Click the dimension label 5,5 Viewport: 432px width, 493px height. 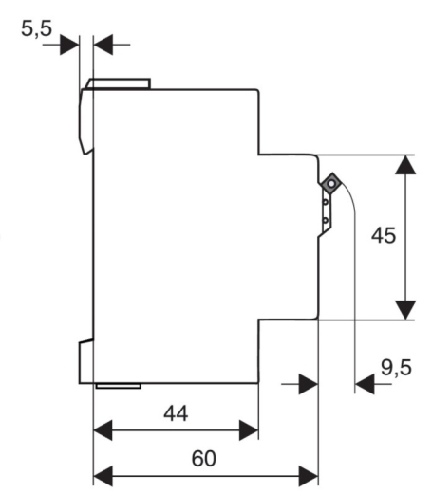[36, 28]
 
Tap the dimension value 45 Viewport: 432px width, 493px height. [384, 235]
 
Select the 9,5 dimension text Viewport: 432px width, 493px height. [396, 368]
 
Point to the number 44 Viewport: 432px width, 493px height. [176, 413]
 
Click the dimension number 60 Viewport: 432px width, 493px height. [204, 459]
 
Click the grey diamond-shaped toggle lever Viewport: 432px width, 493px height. [331, 184]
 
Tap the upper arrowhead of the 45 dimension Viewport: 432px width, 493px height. [405, 165]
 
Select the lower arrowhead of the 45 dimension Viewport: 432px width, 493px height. [405, 310]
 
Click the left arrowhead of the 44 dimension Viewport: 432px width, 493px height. [103, 430]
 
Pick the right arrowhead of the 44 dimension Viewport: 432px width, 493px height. [249, 430]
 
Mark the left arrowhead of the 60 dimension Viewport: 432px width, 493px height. [103, 476]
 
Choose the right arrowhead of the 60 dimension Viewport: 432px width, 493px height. [309, 476]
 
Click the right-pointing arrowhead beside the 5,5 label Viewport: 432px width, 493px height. [69, 45]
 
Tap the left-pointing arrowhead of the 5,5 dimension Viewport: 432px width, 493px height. [103, 45]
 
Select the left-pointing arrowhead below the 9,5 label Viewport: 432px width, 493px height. [365, 384]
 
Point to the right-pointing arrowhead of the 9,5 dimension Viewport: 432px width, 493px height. [309, 384]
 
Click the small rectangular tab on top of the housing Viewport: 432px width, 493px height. [118, 83]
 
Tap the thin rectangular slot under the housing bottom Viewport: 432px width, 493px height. [119, 386]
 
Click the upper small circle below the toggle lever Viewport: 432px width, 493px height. [326, 201]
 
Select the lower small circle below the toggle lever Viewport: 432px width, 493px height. [326, 220]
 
